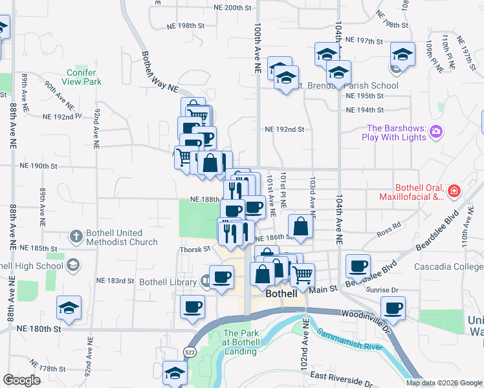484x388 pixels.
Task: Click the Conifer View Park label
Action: pos(84,78)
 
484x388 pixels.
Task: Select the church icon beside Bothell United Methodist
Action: pos(76,237)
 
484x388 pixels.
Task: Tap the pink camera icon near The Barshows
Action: pos(436,132)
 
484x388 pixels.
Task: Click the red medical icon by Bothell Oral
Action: pos(454,191)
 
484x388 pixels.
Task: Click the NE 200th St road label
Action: pos(232,8)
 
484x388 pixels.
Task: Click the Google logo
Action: pos(21,380)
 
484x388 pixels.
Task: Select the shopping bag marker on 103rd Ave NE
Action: pos(301,227)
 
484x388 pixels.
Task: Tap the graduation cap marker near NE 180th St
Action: pos(69,308)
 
